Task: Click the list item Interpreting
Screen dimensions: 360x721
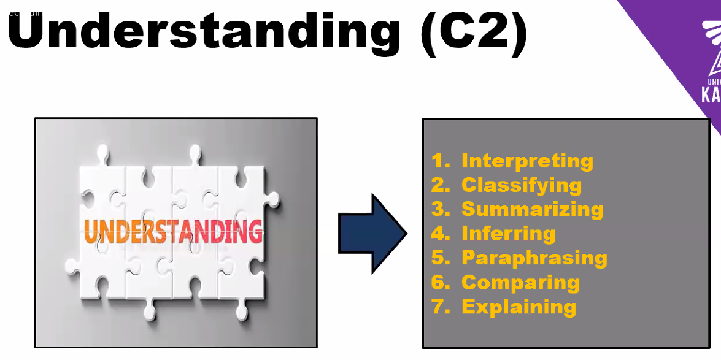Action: coord(527,161)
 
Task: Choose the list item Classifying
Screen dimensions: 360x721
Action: coord(522,185)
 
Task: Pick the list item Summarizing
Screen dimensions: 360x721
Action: coord(532,209)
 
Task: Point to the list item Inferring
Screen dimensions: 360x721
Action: coord(508,233)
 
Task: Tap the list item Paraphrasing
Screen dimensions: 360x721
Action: coord(534,258)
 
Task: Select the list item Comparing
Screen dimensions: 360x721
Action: coord(520,282)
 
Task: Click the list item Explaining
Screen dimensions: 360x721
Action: coord(519,306)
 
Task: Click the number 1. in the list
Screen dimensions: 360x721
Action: coord(441,161)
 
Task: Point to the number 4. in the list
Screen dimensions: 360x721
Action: coord(441,233)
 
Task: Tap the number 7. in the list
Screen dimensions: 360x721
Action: coord(441,306)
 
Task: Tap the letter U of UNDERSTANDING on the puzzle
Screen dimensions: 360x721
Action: coord(91,231)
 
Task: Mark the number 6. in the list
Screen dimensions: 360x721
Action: coord(441,282)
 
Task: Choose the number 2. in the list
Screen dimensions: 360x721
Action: coord(441,185)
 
